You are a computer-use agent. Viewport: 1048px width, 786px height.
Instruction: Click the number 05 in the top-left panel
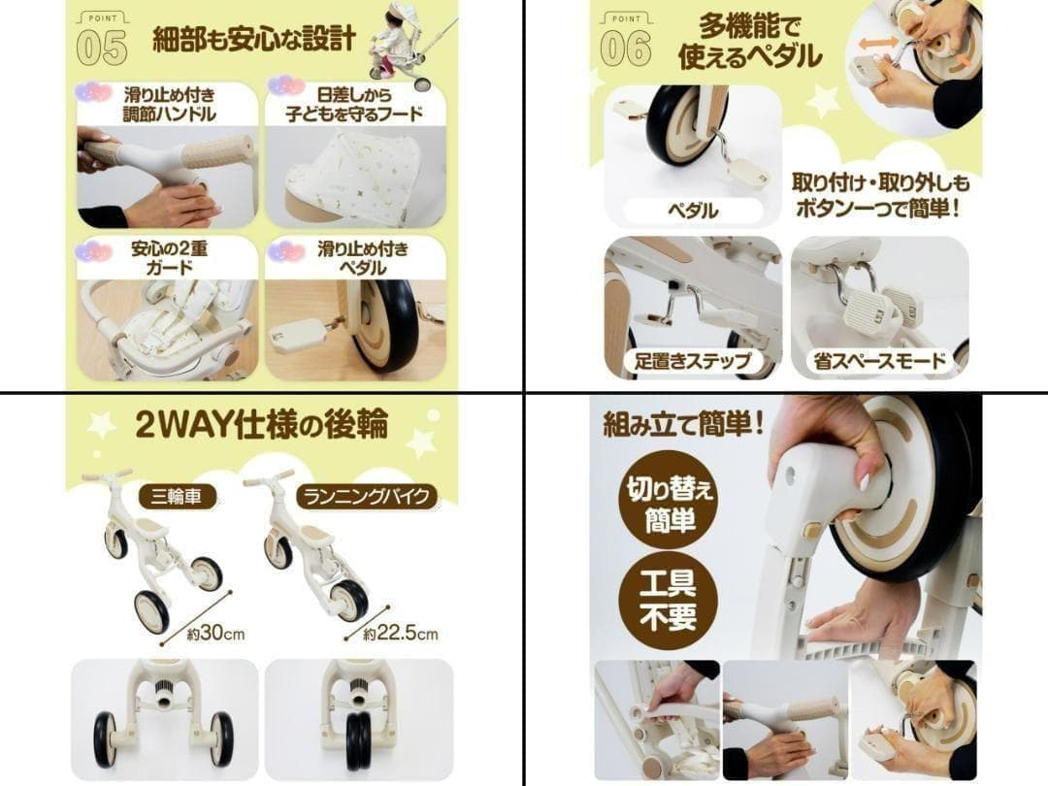point(102,49)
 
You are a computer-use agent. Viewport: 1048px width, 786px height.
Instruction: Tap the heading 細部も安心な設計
point(254,40)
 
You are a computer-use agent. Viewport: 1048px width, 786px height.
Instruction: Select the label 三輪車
point(177,497)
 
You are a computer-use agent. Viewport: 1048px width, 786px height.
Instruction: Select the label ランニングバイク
point(366,497)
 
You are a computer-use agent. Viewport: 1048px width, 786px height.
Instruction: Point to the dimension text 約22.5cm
point(401,633)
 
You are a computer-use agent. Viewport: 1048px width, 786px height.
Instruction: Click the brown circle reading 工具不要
point(668,599)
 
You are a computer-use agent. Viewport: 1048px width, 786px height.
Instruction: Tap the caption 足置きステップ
point(693,362)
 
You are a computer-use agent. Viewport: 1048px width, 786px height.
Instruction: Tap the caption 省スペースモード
point(880,362)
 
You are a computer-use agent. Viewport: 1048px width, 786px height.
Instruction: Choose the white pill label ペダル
point(693,211)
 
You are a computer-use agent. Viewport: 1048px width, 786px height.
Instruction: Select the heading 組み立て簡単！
point(683,424)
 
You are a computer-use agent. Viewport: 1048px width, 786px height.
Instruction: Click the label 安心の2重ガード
point(169,258)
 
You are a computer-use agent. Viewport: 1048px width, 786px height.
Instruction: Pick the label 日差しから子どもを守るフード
point(354,104)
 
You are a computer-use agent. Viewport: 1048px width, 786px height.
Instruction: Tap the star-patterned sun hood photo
point(355,178)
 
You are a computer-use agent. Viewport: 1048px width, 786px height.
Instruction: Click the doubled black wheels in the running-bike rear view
point(359,741)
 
